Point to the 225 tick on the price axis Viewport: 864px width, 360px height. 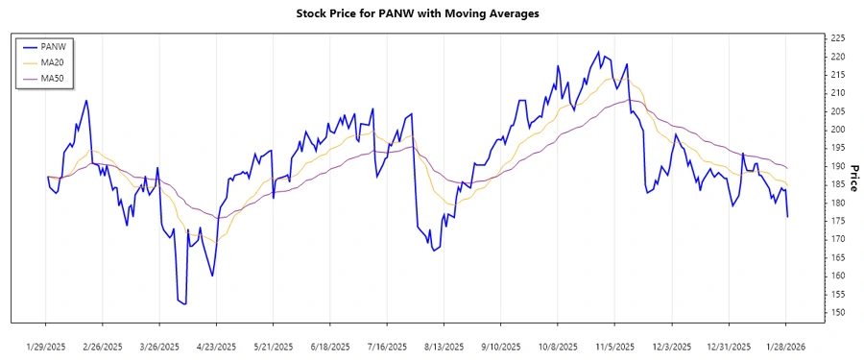836,38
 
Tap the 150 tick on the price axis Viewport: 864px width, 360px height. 836,313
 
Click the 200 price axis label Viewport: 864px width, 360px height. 836,130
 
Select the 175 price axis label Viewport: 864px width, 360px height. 836,222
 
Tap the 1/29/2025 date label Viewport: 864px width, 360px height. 46,346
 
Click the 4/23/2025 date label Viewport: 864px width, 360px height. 217,346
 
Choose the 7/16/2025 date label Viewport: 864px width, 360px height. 388,346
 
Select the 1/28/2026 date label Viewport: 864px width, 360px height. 786,346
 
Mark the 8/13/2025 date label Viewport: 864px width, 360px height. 444,346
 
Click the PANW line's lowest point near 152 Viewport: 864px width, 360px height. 184,304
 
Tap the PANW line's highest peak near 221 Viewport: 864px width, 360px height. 599,52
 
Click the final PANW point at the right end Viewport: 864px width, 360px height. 787,217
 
